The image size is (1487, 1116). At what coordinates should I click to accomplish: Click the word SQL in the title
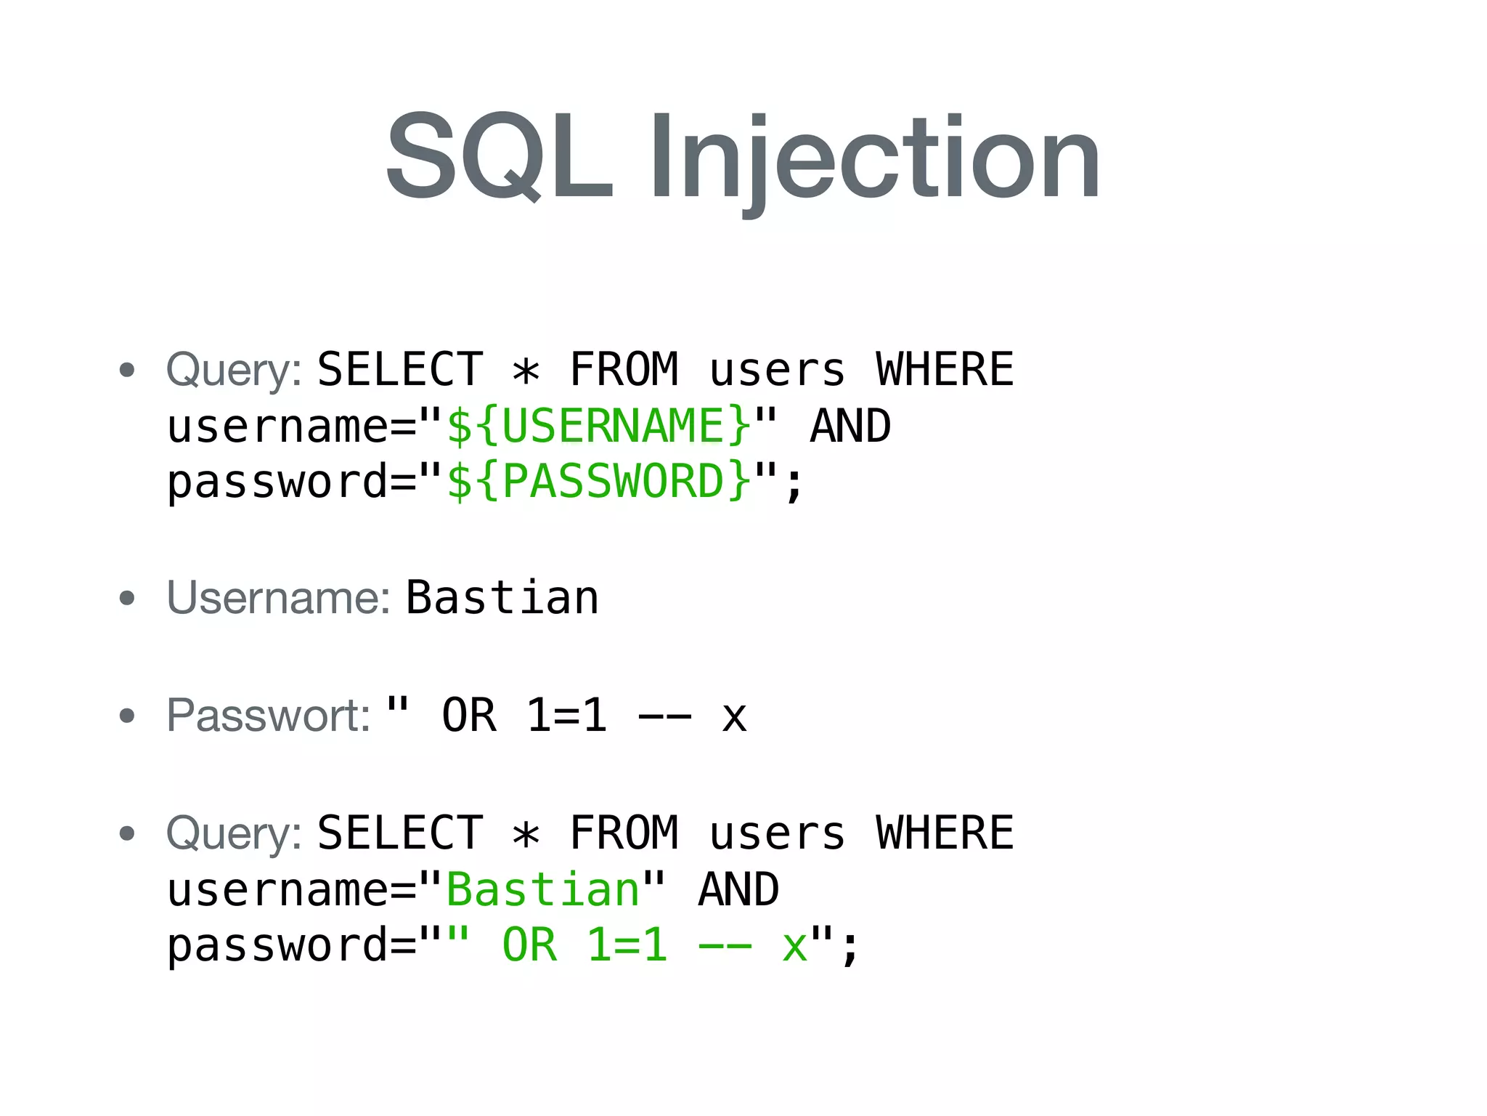click(x=500, y=156)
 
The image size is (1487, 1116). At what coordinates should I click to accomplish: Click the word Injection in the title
click(x=874, y=160)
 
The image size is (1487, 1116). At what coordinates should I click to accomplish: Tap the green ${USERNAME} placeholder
click(x=599, y=426)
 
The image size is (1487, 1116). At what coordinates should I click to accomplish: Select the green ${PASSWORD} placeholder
click(x=599, y=482)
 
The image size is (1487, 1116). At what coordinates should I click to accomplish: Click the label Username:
click(x=279, y=598)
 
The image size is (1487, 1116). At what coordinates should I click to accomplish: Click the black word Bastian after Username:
click(x=502, y=598)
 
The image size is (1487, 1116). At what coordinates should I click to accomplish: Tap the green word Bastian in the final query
click(x=543, y=889)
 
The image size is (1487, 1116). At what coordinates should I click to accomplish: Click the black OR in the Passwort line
click(x=469, y=716)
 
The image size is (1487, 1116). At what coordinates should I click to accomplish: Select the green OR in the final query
click(x=530, y=945)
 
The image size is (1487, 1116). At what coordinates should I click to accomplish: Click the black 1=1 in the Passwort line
click(x=566, y=716)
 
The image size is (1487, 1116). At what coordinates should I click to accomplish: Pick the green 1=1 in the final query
click(x=627, y=945)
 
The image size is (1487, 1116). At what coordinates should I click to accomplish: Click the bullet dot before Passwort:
click(x=127, y=716)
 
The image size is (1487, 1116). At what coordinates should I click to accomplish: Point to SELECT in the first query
click(x=400, y=369)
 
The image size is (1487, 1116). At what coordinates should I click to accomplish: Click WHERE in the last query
click(x=945, y=833)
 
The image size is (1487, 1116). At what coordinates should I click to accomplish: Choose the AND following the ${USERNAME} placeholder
click(x=850, y=426)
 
